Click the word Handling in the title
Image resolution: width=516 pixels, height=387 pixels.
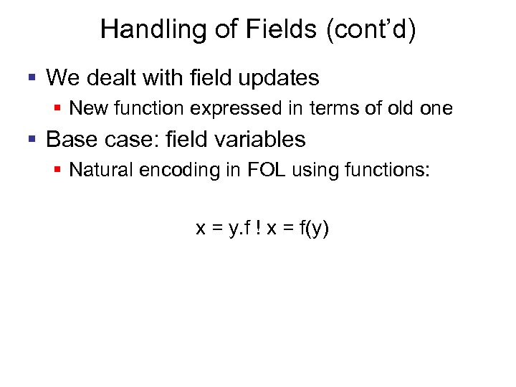[x=141, y=29]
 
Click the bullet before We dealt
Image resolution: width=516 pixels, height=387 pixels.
[x=33, y=77]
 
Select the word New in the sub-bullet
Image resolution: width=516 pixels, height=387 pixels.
[x=87, y=109]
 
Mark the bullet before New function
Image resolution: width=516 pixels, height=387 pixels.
[x=58, y=109]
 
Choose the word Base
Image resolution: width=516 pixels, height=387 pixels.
[x=69, y=139]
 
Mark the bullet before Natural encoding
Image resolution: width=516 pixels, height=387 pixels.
[x=58, y=171]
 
